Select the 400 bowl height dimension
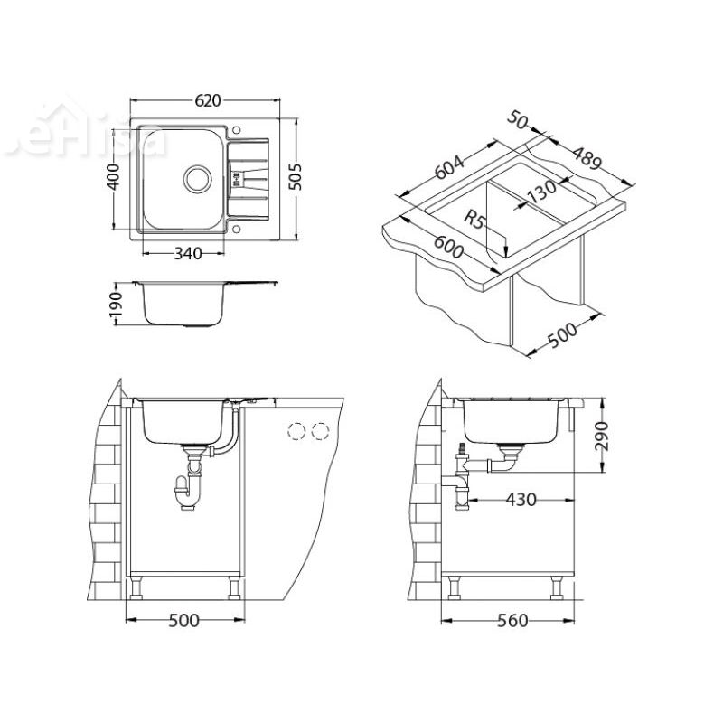(x=114, y=177)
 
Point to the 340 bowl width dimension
(x=186, y=254)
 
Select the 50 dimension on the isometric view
(x=518, y=122)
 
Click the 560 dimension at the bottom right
(x=511, y=621)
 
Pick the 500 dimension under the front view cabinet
(x=184, y=621)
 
